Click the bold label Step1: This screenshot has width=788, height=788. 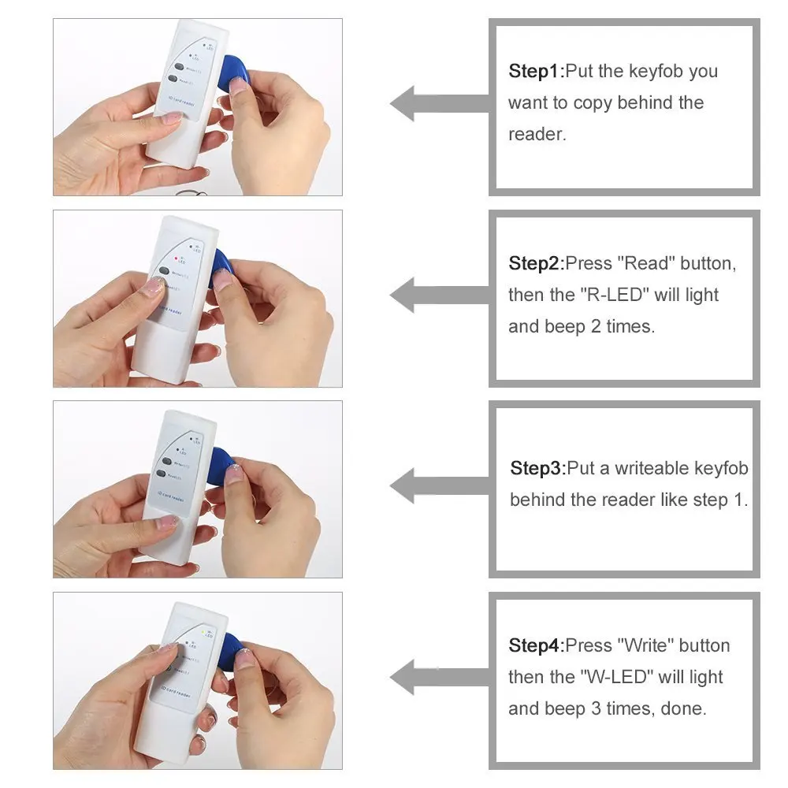537,72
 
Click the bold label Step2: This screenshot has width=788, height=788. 537,263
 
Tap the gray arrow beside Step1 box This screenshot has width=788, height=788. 437,103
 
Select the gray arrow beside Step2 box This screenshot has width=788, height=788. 437,295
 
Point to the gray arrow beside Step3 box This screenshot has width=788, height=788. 437,485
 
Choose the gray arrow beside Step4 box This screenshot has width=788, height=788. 437,677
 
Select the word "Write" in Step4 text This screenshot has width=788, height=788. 647,646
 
